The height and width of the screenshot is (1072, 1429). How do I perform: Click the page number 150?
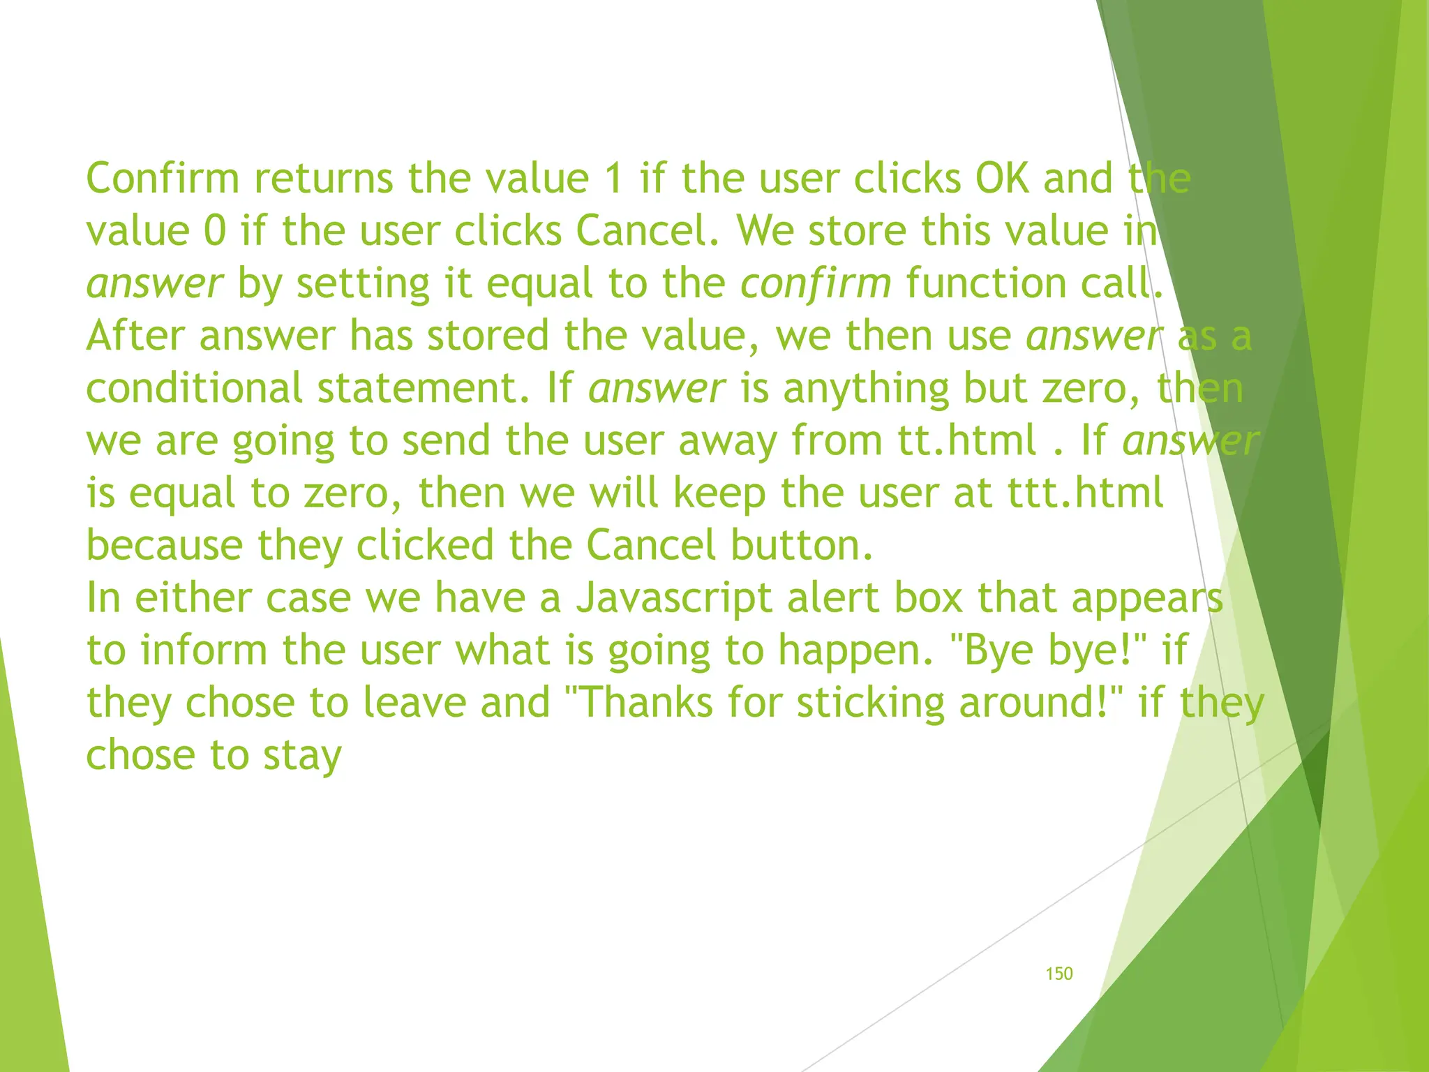(x=1058, y=974)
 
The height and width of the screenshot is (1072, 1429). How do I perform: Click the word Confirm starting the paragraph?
(x=163, y=178)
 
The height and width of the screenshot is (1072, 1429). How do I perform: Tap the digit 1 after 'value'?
(x=614, y=178)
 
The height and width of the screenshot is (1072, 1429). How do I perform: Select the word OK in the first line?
(x=1003, y=178)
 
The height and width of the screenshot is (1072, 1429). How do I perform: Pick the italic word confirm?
(x=816, y=283)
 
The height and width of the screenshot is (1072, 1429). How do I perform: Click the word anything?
(x=865, y=389)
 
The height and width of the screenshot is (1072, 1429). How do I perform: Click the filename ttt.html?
(x=1086, y=493)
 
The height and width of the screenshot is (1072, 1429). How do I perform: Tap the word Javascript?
(x=675, y=599)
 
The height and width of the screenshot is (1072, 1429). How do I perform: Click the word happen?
(x=854, y=651)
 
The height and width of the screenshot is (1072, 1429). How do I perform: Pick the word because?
(x=165, y=545)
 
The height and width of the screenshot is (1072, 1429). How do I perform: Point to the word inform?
(x=204, y=650)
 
